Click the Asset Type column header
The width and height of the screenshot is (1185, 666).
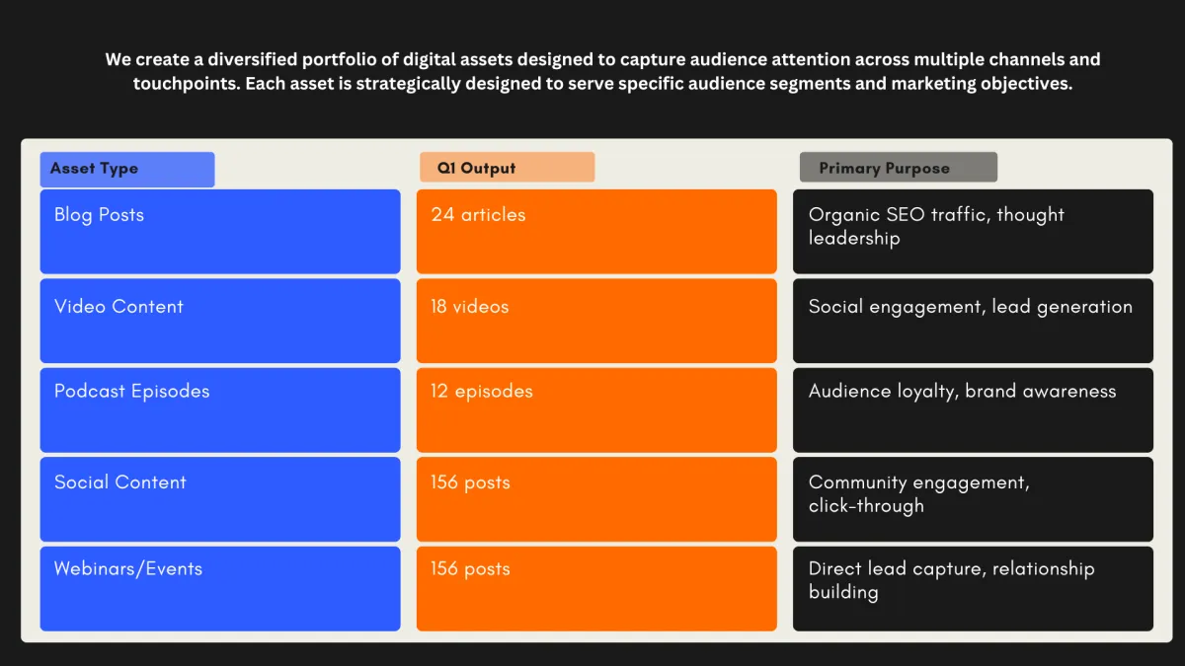127,170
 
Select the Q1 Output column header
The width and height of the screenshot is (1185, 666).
508,167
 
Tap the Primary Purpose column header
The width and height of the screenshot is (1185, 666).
899,167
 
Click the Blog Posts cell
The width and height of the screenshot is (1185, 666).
220,232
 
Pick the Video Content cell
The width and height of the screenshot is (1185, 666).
220,321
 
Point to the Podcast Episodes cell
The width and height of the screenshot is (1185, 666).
220,410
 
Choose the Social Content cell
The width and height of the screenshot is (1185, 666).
220,499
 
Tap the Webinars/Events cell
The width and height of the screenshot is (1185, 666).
220,589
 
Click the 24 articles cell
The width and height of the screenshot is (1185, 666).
596,232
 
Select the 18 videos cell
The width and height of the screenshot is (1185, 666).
596,321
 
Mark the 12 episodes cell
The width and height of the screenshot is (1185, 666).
596,410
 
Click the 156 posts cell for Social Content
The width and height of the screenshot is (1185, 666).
596,499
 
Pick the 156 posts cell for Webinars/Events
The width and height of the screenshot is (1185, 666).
596,589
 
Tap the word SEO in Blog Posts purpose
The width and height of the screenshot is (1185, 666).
906,215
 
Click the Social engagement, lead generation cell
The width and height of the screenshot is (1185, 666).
973,321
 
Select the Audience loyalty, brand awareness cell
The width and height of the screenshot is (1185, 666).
973,410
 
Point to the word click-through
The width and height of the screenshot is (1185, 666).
866,506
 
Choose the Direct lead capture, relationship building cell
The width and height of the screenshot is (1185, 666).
973,589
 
